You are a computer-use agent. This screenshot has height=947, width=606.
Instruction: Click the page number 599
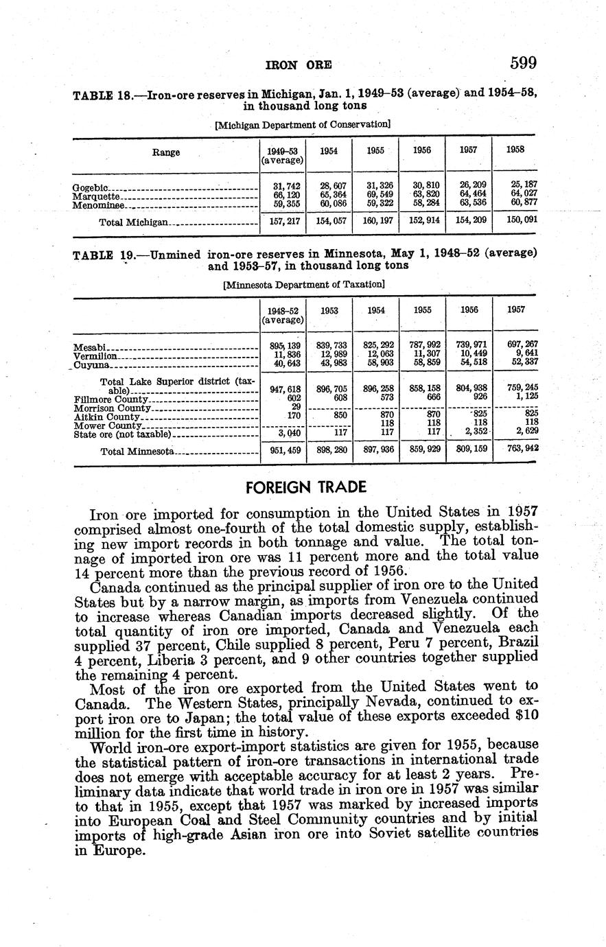(x=523, y=64)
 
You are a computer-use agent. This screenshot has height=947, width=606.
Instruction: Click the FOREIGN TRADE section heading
(x=305, y=487)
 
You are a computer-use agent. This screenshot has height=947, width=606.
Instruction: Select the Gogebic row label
(x=90, y=187)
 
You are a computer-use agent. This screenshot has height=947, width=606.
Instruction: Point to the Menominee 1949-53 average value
(x=282, y=203)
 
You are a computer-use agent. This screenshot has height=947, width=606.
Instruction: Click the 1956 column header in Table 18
(x=422, y=151)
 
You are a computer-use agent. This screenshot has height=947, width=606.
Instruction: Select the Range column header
(x=166, y=152)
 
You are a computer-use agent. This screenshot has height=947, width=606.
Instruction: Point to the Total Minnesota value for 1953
(x=330, y=451)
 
